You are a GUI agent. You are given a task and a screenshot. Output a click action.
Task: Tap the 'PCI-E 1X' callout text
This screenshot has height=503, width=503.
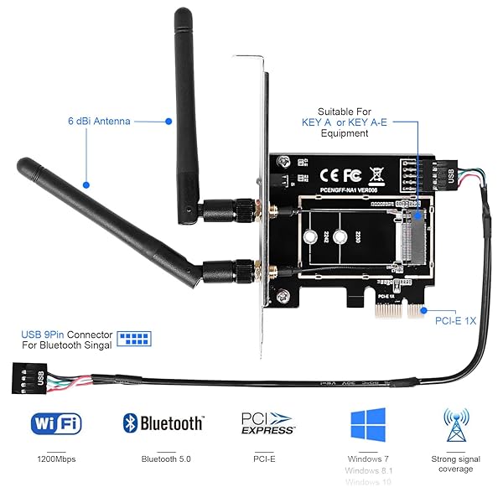(456, 319)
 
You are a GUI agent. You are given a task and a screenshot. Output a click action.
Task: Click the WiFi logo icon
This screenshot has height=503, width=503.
(56, 423)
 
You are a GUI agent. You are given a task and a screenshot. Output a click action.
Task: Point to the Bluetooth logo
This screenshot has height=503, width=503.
(163, 423)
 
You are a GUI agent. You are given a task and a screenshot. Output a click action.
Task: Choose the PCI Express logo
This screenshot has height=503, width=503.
(267, 423)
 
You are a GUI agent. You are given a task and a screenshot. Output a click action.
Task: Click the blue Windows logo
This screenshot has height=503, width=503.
(368, 425)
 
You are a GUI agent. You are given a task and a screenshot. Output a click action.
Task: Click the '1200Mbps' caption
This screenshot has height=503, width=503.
(56, 459)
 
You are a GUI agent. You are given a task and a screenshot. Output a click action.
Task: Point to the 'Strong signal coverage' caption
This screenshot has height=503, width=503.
(456, 464)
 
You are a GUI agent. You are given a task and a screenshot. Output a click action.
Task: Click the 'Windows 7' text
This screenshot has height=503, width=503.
(369, 459)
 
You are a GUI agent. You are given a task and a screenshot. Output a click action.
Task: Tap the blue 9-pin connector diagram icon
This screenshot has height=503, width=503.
(133, 340)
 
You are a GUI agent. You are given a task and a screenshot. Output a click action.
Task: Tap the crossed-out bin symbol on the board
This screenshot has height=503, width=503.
(376, 176)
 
